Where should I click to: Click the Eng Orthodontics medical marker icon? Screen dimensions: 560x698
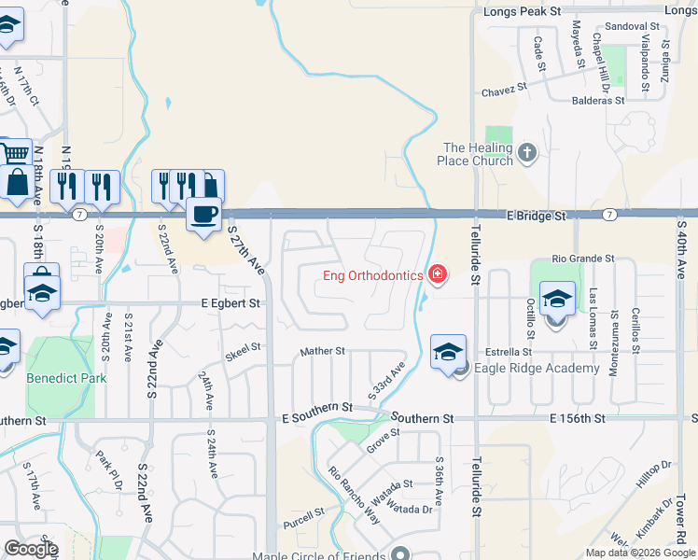[436, 274]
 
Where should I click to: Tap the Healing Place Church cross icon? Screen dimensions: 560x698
[527, 152]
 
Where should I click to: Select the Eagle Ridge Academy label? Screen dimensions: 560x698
[537, 368]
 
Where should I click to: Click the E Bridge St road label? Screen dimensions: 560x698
[537, 216]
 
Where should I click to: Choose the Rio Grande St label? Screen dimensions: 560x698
[583, 258]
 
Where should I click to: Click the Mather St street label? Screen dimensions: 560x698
[322, 352]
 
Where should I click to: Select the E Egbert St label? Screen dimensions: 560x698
[230, 303]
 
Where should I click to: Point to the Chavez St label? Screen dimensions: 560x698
[505, 92]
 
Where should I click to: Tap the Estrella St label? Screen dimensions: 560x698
[508, 352]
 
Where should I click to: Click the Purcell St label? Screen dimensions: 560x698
[305, 511]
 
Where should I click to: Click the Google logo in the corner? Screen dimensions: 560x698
[30, 549]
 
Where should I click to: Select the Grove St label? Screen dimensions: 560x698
[383, 440]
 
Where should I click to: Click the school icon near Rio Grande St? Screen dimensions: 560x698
[557, 301]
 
